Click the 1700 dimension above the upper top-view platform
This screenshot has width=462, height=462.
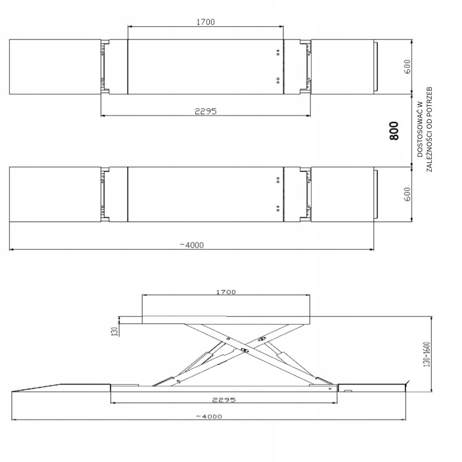point(206,22)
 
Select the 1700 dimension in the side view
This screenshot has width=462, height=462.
point(226,292)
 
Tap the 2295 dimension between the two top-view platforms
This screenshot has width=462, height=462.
point(206,112)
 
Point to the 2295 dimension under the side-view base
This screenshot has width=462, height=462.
point(224,400)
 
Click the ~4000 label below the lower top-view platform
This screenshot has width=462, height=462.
point(191,245)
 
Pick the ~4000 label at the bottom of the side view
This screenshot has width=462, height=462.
point(209,416)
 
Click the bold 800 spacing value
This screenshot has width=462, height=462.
point(394,130)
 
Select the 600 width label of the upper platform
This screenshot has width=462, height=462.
point(407,67)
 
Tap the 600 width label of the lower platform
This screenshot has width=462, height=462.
point(407,194)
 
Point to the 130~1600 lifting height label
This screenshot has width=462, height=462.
point(427,354)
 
